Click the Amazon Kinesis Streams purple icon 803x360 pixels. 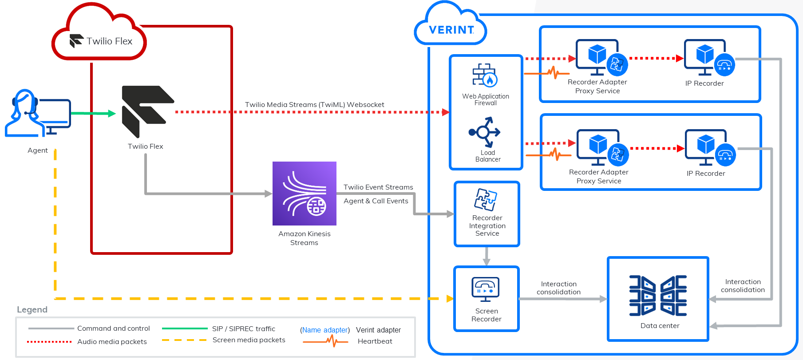click(304, 194)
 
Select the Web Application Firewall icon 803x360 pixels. click(485, 75)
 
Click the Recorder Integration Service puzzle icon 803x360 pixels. click(486, 199)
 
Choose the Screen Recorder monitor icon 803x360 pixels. click(486, 289)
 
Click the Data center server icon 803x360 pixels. click(658, 296)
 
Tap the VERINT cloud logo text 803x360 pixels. click(451, 30)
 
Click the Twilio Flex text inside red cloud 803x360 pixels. click(109, 41)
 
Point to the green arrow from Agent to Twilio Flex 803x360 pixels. click(93, 114)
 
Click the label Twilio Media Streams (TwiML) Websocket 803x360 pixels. click(314, 105)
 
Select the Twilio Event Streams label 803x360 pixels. click(378, 187)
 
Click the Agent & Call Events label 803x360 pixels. click(376, 201)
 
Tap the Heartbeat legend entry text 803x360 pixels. click(375, 341)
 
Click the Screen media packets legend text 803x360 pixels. click(249, 340)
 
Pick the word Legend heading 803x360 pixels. click(32, 310)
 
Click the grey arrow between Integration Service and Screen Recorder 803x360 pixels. click(487, 256)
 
